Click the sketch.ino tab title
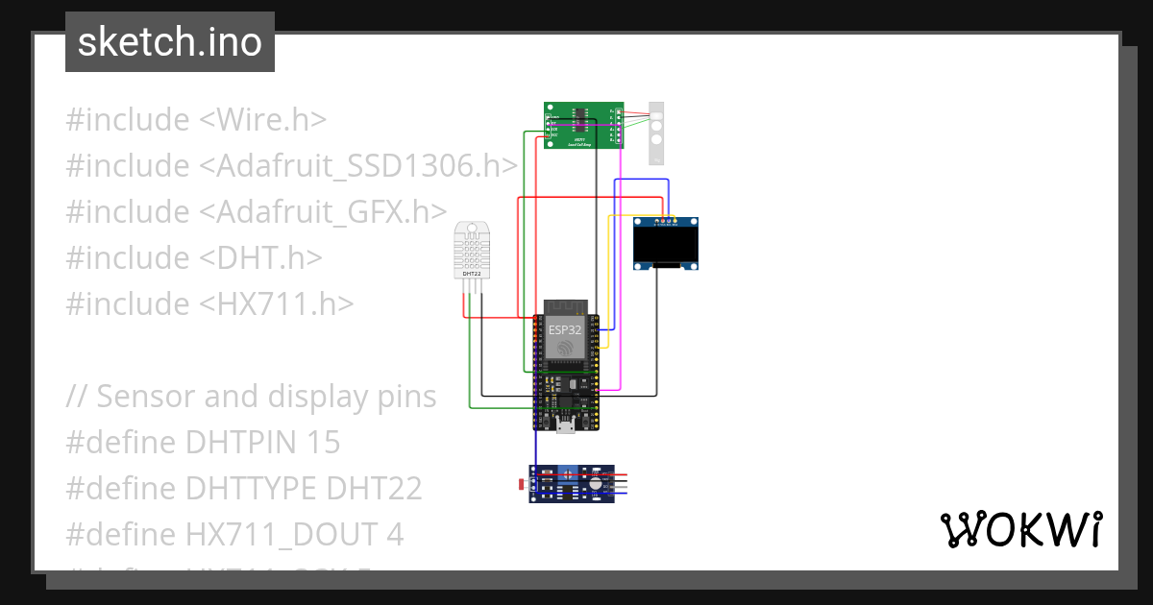point(169,43)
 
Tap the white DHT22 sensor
point(471,248)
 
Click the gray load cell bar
point(656,133)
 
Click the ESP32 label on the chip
point(565,328)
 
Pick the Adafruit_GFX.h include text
point(331,212)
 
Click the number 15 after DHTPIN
point(324,443)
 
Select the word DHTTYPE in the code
point(251,489)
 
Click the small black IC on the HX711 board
point(581,115)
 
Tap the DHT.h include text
point(260,258)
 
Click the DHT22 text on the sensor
point(472,274)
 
